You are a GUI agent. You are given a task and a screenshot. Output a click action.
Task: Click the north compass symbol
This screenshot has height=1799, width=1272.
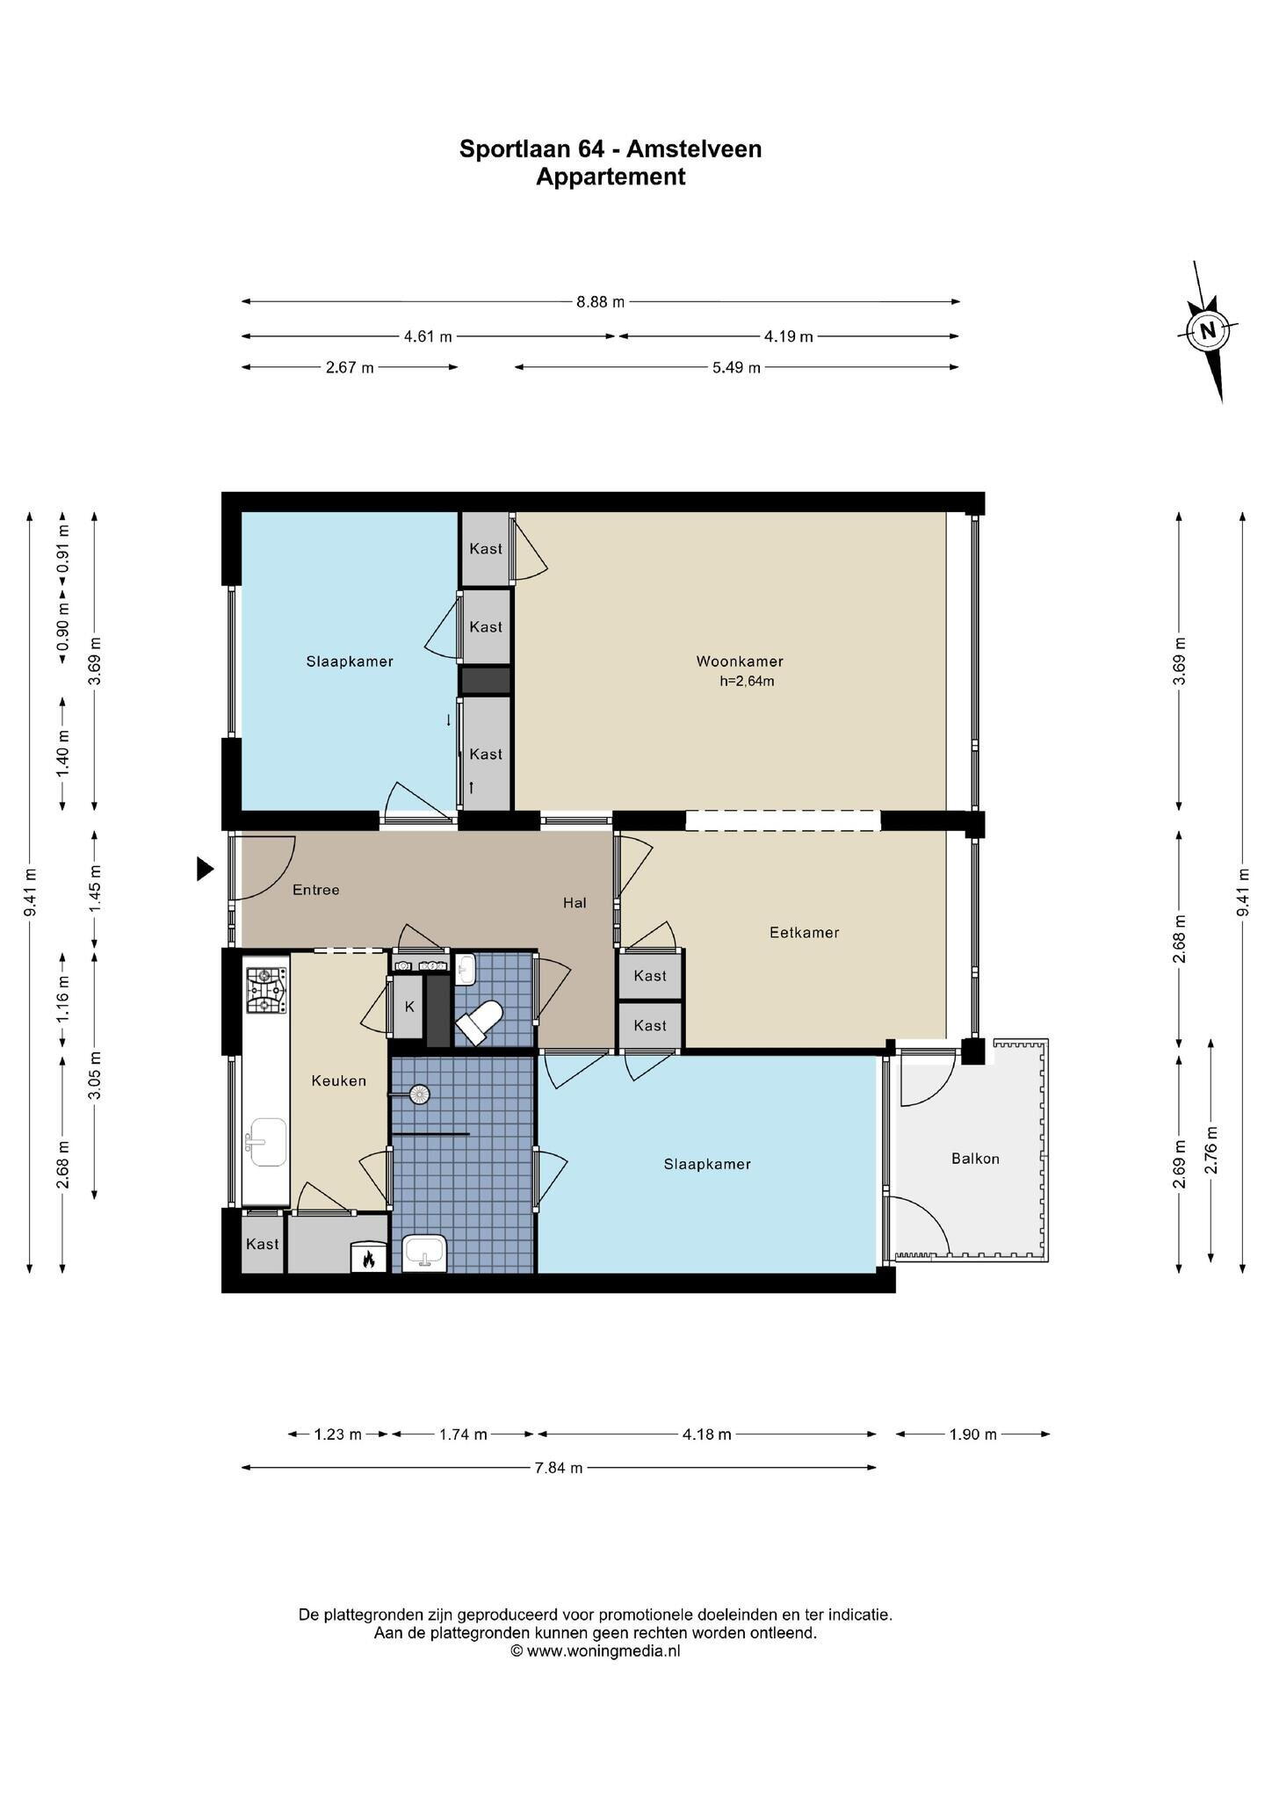coord(1208,331)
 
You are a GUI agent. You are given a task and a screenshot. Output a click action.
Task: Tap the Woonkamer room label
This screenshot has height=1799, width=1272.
coord(740,661)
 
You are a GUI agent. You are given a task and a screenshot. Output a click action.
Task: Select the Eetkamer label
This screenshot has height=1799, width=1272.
coord(804,932)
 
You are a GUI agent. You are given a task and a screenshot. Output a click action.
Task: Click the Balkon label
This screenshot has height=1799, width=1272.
coord(975,1159)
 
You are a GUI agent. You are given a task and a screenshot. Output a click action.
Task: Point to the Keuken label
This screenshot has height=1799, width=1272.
coord(338,1081)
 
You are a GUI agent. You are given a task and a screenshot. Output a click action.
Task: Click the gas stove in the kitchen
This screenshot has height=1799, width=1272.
coord(266,990)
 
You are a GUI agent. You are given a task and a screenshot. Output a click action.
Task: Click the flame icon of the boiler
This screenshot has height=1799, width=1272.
coord(368,1259)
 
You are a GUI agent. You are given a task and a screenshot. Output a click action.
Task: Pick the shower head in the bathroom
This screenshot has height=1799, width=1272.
coord(420,1095)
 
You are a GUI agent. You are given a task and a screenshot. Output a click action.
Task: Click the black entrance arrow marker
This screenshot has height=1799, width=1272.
coord(205,870)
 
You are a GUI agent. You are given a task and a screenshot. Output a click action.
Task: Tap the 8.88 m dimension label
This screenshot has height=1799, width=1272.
coord(601,302)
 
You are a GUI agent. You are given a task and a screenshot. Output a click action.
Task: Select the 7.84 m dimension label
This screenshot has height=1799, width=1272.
coord(558,1468)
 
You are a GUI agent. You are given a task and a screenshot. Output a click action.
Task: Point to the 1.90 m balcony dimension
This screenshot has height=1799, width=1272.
coord(972,1434)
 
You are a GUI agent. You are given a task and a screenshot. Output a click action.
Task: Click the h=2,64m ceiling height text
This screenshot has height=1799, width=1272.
coord(747,681)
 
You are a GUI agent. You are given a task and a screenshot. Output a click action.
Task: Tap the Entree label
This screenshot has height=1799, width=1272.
coord(315,890)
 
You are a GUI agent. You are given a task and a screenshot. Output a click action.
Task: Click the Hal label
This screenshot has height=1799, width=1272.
coord(575,903)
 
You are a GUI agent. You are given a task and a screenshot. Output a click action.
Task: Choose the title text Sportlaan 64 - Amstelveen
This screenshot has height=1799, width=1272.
coord(611,149)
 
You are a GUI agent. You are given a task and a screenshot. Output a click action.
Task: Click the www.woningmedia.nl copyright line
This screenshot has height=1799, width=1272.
coord(596,1651)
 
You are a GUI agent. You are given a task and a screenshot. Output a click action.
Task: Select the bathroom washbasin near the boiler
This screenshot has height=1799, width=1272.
coord(425,1253)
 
